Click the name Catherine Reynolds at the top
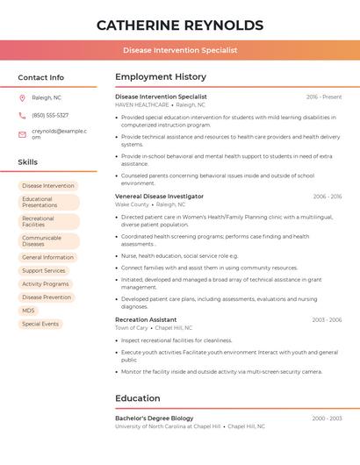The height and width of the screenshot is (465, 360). pos(179,25)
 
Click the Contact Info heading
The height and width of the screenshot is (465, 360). pos(40,77)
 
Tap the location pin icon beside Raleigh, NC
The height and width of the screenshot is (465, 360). pos(22,97)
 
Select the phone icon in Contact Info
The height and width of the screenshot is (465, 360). pos(22,115)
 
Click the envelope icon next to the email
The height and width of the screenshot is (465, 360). pos(22,133)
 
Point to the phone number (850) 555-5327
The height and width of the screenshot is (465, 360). pos(50,115)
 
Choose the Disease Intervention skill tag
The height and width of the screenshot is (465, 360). pos(48,186)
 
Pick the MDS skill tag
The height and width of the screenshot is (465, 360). pos(29,311)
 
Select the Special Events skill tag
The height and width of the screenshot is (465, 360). pos(40,324)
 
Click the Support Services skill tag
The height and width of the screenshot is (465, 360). pos(44,270)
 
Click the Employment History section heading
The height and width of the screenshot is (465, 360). pos(161,77)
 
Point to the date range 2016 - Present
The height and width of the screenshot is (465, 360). pos(324,97)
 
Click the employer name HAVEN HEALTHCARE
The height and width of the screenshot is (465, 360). pos(141,104)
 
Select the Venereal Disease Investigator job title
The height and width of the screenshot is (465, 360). pos(159,197)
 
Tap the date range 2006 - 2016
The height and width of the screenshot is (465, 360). pos(327,197)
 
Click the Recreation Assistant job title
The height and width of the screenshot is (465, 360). pos(146,319)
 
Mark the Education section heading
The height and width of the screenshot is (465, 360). pos(138,398)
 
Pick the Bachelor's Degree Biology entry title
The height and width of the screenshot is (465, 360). pos(155,418)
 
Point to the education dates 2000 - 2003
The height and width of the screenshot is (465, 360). pos(327,418)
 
